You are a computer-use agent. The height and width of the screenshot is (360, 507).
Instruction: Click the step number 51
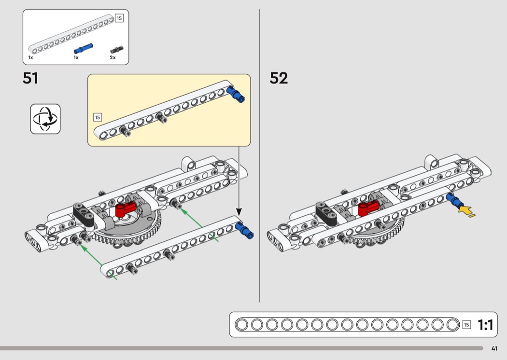coord(30,78)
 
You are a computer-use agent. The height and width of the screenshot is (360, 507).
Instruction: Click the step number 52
coord(279,78)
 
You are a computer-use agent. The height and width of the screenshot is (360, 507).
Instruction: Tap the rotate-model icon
coord(45,119)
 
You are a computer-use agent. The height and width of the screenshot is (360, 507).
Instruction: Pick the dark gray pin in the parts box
coord(117,49)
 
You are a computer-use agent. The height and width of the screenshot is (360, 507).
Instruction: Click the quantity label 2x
coord(113,57)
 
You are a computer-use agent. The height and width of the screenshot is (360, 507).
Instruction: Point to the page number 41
coord(494,348)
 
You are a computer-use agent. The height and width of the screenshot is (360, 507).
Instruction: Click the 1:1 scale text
coord(485,325)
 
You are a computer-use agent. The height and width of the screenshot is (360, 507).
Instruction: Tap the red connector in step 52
coord(370,208)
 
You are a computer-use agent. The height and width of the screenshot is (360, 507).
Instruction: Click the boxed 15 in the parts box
coord(119,18)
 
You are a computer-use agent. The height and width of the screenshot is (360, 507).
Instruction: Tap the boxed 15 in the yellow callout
coord(98,117)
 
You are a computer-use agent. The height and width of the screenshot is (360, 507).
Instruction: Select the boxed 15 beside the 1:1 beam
coord(466,325)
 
